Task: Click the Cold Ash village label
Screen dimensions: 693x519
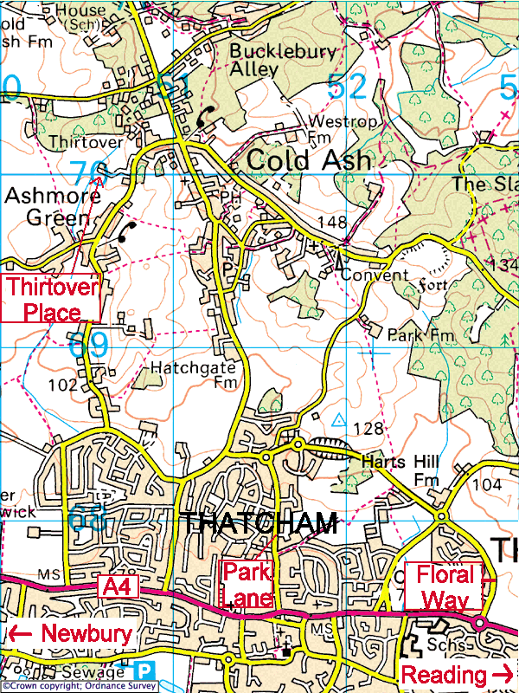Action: pyautogui.click(x=308, y=160)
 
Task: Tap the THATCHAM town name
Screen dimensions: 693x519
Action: pyautogui.click(x=259, y=523)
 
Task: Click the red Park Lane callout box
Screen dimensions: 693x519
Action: pyautogui.click(x=248, y=584)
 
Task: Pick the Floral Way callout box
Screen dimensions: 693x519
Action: pyautogui.click(x=445, y=586)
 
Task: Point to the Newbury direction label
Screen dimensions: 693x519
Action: pyautogui.click(x=73, y=633)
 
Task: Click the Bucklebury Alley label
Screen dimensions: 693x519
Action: pyautogui.click(x=282, y=60)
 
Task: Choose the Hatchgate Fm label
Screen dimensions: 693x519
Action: pyautogui.click(x=194, y=374)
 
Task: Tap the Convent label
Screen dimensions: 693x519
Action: pyautogui.click(x=374, y=275)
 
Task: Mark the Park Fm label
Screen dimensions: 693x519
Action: pyautogui.click(x=409, y=334)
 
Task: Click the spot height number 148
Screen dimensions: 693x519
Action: pyautogui.click(x=331, y=223)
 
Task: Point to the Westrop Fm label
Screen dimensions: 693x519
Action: pyautogui.click(x=343, y=129)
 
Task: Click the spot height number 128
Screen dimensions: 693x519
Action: pyautogui.click(x=368, y=428)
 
